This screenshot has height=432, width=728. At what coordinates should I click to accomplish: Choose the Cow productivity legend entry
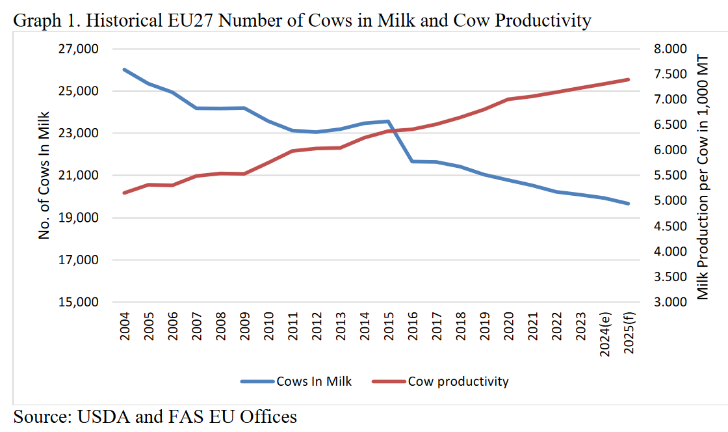(x=458, y=381)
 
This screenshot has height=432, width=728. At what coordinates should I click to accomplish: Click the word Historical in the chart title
(x=122, y=21)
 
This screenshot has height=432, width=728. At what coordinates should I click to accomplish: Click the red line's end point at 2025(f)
(x=629, y=79)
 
